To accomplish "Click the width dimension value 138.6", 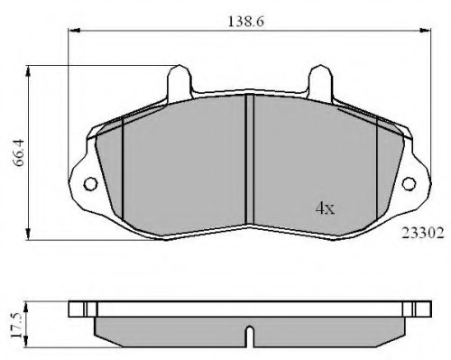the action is [x=245, y=22].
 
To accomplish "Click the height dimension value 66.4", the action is [x=18, y=152].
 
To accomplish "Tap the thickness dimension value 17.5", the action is [x=16, y=325].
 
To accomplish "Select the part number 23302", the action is [x=423, y=233].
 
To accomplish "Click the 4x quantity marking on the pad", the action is [x=325, y=208].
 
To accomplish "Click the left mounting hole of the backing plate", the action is [x=90, y=183].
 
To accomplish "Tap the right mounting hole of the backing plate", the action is [x=409, y=183].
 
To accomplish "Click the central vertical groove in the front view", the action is [x=249, y=160].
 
